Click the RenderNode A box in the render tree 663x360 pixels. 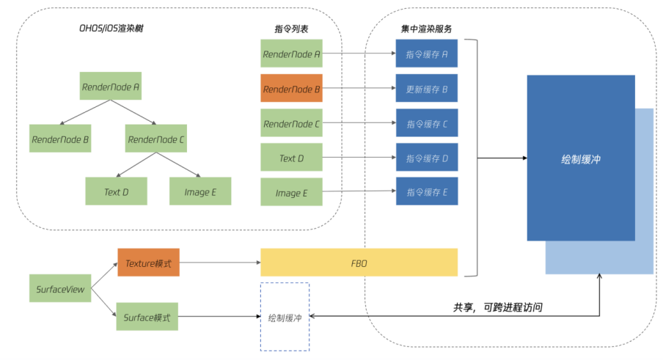click(x=111, y=87)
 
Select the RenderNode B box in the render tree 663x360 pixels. click(x=60, y=138)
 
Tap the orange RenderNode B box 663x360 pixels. click(x=291, y=89)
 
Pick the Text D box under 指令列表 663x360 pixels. click(x=291, y=158)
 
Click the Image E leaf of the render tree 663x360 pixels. click(x=200, y=191)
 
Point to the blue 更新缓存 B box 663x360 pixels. click(x=427, y=89)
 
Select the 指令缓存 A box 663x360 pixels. click(x=427, y=54)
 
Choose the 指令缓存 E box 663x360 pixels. click(x=427, y=192)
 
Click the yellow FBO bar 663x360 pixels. click(x=359, y=262)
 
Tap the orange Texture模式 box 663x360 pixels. click(x=148, y=262)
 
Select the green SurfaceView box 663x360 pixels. click(x=60, y=290)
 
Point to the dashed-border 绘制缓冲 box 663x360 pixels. click(x=285, y=317)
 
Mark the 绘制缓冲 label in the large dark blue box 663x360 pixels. click(x=580, y=158)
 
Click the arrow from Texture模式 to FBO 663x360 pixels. click(x=220, y=262)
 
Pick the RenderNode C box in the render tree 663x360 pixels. click(x=155, y=138)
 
